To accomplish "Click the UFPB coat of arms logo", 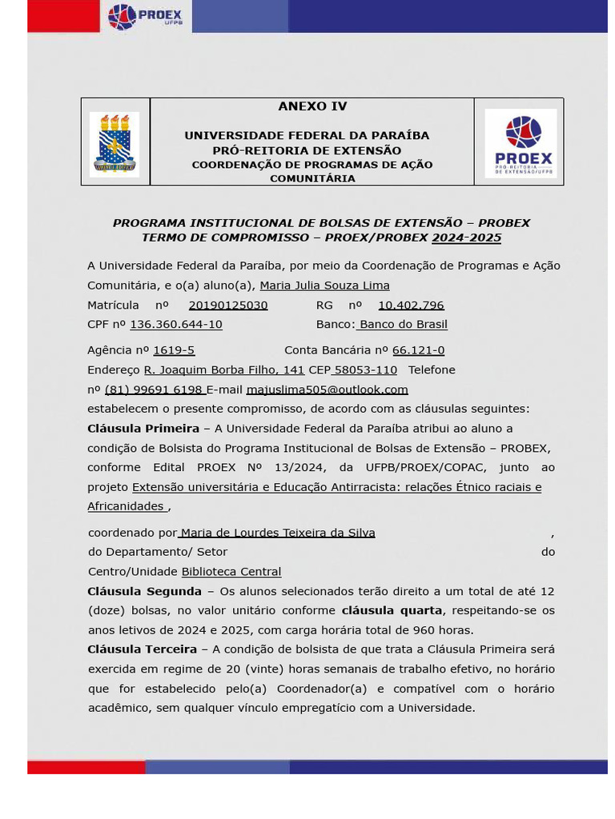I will point(115,144).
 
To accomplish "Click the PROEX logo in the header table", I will point(521,143).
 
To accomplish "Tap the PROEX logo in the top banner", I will point(146,16).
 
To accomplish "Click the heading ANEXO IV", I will point(312,106).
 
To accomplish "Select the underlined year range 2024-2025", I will point(466,238).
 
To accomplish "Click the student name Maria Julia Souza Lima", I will point(324,286).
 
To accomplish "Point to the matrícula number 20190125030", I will point(228,306).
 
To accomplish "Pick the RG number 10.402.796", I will point(411,306).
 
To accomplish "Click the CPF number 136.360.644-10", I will point(176,325).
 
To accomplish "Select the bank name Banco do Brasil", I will point(403,325).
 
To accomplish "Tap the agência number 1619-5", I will point(174,350).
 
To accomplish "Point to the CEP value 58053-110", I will point(365,370).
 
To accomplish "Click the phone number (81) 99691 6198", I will point(154,390).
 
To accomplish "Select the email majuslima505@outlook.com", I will point(327,390).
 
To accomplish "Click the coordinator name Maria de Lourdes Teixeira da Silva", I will point(277,533).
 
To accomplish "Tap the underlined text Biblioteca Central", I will point(231,572).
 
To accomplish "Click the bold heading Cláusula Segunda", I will point(144,591).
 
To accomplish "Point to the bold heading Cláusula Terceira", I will point(142,649).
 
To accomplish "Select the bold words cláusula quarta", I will point(392,610).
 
